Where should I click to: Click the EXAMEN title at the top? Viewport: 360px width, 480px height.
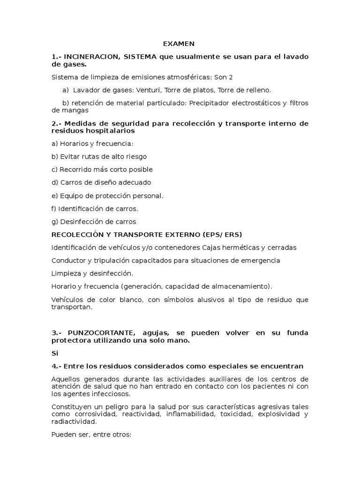pyautogui.click(x=179, y=44)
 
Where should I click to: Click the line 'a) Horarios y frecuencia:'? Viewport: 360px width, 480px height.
pyautogui.click(x=86, y=143)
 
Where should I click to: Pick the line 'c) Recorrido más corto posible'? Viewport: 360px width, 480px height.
pyautogui.click(x=102, y=170)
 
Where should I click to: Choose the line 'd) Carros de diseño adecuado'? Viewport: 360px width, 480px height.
pyautogui.click(x=101, y=182)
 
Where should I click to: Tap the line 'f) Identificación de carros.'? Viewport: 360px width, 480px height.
pyautogui.click(x=95, y=209)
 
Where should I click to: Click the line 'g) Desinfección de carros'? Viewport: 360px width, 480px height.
pyautogui.click(x=94, y=222)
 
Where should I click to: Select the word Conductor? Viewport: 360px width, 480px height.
pyautogui.click(x=68, y=260)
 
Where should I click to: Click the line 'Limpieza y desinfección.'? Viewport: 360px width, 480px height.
pyautogui.click(x=92, y=273)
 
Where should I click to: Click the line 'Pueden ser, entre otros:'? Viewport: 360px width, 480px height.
pyautogui.click(x=91, y=434)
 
